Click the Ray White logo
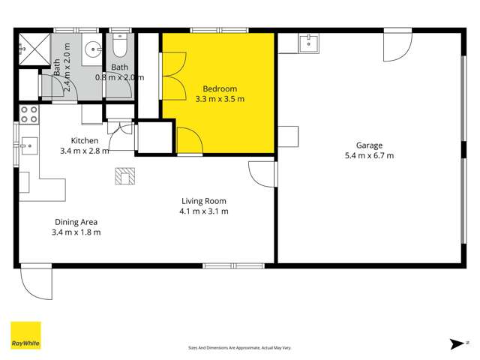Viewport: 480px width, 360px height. [x=25, y=335]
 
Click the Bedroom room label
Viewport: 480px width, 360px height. [x=220, y=88]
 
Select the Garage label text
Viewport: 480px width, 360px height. [x=369, y=145]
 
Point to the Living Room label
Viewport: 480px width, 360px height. [x=204, y=201]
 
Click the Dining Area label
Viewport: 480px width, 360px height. [x=76, y=222]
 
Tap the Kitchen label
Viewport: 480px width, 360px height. [x=85, y=140]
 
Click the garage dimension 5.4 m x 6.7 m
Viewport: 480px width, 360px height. [x=369, y=156]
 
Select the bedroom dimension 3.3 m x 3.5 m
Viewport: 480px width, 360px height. [x=220, y=99]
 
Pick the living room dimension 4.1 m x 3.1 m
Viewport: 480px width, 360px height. [x=204, y=211]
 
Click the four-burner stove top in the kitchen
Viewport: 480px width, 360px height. [x=28, y=114]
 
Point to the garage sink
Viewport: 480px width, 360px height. [x=307, y=43]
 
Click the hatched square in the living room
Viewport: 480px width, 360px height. [x=123, y=175]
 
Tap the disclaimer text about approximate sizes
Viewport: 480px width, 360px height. [x=239, y=348]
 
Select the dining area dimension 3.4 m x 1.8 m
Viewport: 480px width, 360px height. [x=76, y=232]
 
